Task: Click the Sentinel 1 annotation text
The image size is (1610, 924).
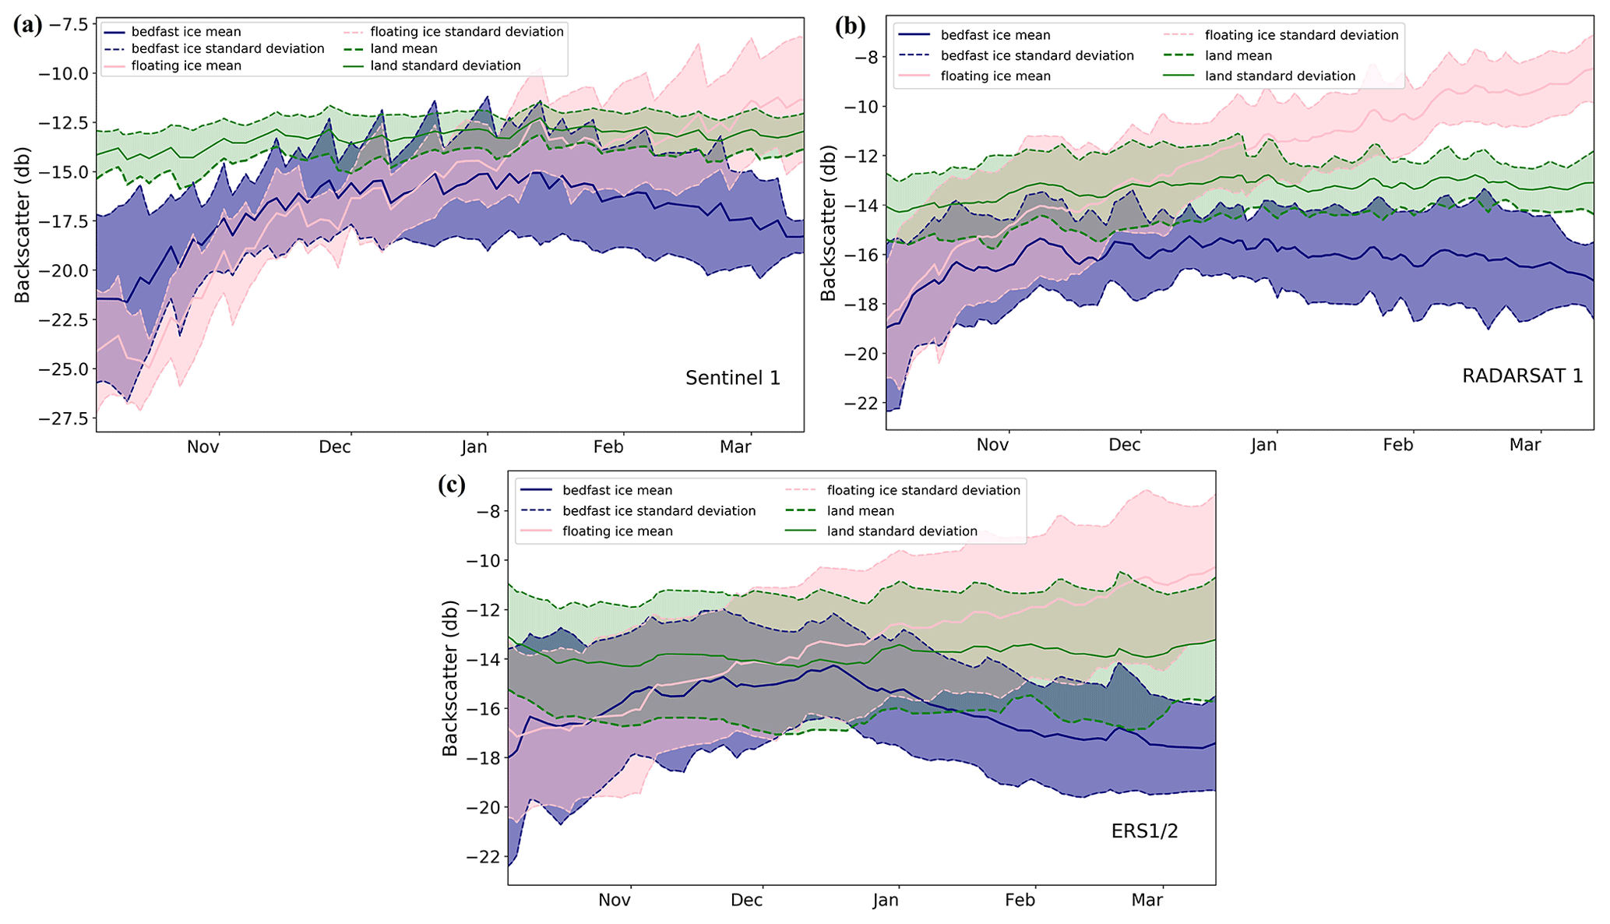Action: point(732,378)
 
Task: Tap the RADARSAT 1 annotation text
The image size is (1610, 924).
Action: point(1522,376)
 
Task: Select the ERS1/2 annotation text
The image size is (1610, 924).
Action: point(1144,831)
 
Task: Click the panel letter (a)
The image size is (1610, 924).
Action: point(28,25)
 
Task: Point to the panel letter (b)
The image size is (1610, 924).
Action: point(850,26)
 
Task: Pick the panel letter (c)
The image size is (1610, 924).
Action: point(452,485)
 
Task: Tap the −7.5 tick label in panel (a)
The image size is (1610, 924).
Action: point(63,24)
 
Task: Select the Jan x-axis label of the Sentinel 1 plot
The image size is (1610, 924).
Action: point(474,447)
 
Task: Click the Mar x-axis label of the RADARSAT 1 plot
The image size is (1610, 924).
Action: point(1525,445)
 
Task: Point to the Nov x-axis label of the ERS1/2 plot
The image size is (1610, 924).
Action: point(615,901)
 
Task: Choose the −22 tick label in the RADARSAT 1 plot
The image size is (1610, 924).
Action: point(857,403)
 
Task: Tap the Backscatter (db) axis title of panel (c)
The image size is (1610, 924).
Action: point(450,678)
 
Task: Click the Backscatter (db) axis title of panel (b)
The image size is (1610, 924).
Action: point(828,223)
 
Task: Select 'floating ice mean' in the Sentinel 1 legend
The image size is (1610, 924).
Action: point(186,66)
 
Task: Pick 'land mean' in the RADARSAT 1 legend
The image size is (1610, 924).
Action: point(1238,56)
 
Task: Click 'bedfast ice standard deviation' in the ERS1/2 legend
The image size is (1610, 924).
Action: point(659,511)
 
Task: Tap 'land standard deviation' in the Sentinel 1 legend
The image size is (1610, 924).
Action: point(446,66)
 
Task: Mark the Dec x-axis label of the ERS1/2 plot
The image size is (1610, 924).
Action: point(746,901)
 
